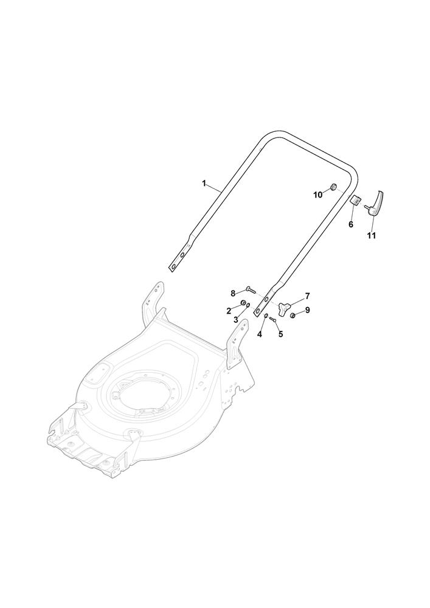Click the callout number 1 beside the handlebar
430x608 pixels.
click(204, 184)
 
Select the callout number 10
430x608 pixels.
click(317, 195)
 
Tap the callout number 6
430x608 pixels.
click(351, 224)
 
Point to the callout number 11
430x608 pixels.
click(372, 235)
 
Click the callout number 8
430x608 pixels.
click(233, 292)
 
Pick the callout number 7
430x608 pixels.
click(307, 296)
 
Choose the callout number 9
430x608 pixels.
click(308, 310)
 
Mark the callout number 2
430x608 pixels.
click(229, 310)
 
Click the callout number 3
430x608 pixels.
click(235, 319)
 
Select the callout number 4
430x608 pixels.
click(259, 333)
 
